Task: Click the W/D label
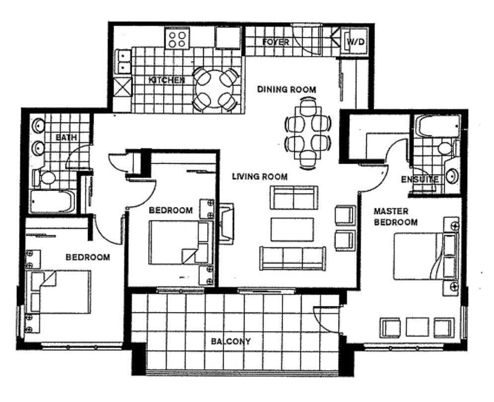(356, 42)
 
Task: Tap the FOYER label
(276, 42)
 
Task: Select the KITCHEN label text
(166, 80)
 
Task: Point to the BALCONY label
(231, 341)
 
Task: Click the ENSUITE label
(419, 180)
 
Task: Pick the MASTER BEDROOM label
(396, 216)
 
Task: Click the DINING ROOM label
(286, 90)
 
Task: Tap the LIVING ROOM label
(259, 177)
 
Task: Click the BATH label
(66, 137)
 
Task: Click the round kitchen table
(215, 89)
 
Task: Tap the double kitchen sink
(123, 62)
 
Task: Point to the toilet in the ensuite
(447, 148)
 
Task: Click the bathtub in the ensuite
(438, 126)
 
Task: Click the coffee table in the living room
(292, 229)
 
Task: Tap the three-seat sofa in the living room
(293, 258)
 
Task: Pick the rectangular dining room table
(308, 133)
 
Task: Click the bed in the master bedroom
(426, 256)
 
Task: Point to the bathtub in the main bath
(53, 201)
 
